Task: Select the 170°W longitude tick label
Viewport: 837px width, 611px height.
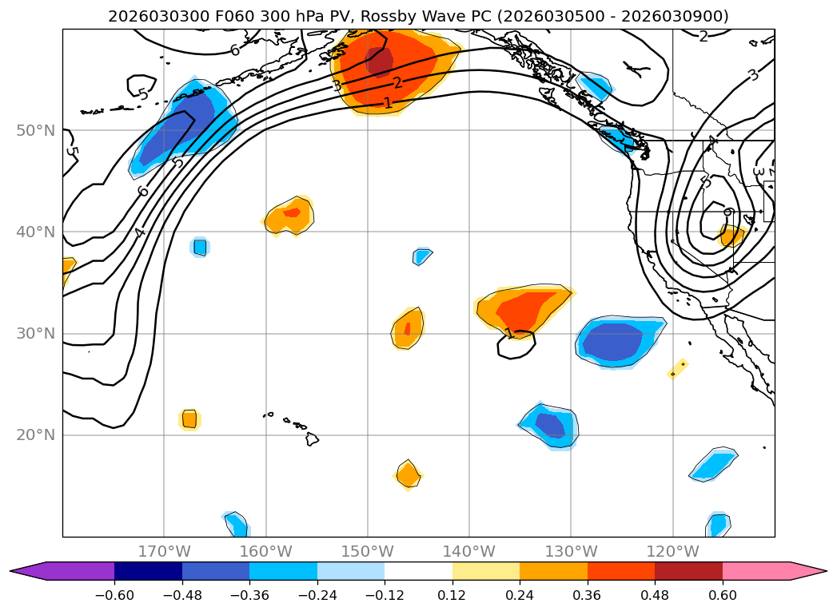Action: tap(164, 551)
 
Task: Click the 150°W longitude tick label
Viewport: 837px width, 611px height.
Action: tap(367, 551)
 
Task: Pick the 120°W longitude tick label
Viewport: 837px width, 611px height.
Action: tap(672, 551)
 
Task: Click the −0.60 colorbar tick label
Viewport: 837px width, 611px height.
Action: tap(114, 597)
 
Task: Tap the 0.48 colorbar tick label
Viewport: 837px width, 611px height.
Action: tap(655, 597)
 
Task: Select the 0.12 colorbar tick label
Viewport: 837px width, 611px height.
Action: tap(452, 597)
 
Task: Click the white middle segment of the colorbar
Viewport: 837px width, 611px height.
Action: tap(418, 571)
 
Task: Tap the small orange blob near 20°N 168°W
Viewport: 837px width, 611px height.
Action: tap(189, 419)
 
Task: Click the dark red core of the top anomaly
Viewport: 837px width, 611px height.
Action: tap(381, 61)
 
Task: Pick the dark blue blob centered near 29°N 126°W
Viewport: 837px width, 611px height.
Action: tap(613, 342)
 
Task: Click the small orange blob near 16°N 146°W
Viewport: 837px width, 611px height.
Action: tap(409, 475)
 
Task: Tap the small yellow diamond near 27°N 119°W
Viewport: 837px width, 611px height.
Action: tap(678, 368)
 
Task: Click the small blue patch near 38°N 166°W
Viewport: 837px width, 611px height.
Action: tap(200, 247)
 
